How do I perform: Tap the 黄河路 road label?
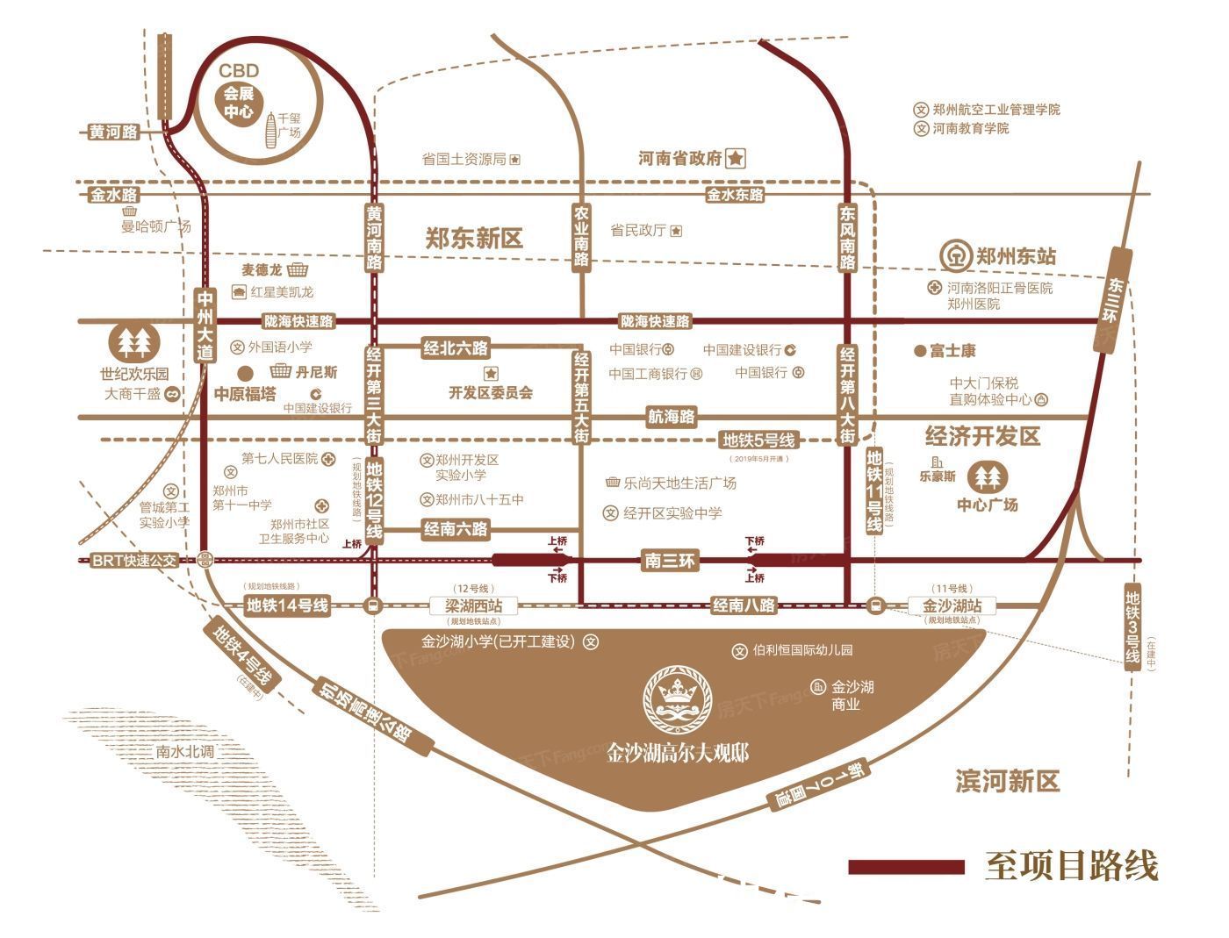tap(114, 132)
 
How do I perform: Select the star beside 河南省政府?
tap(736, 159)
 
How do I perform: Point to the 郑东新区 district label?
tap(473, 239)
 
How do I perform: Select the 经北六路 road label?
tap(456, 348)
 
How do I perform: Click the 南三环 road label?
tap(669, 560)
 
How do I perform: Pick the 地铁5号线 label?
tap(758, 440)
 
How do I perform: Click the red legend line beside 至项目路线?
tap(905, 866)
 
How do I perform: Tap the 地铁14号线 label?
tap(287, 605)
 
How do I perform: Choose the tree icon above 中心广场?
tap(988, 477)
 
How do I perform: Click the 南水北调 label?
tap(185, 752)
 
